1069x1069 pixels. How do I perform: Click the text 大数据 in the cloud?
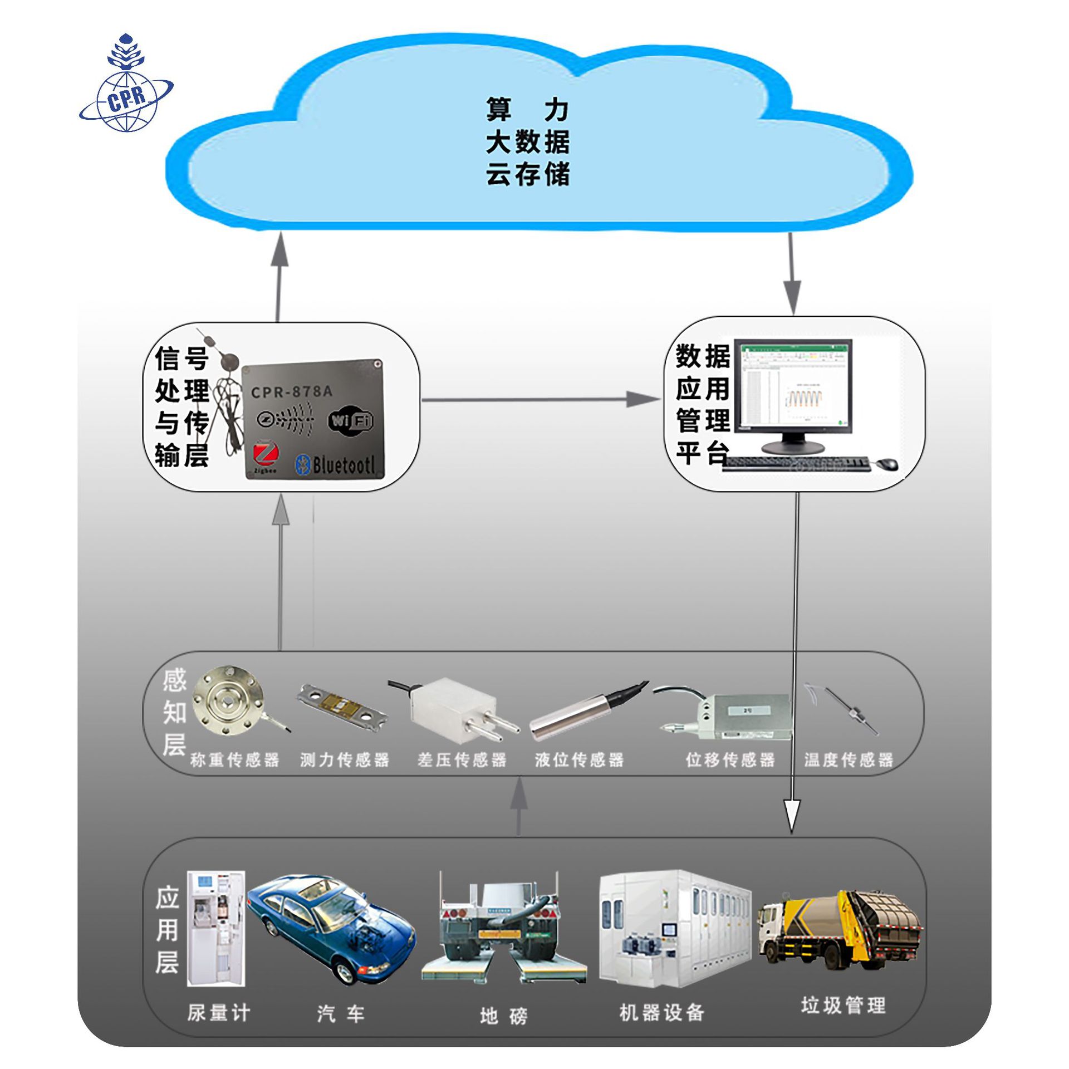[x=527, y=143]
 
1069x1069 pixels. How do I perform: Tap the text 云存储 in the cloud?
[x=527, y=174]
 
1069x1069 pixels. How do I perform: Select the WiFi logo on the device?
[x=350, y=420]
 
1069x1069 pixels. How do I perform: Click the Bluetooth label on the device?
[x=335, y=464]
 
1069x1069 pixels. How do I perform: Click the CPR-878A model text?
[x=291, y=392]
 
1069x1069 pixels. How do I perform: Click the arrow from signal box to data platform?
[x=540, y=399]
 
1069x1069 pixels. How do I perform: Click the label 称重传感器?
[x=234, y=760]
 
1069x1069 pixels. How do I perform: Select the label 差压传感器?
[x=462, y=760]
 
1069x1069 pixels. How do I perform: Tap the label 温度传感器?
[x=849, y=760]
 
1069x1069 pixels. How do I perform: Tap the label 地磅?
[x=503, y=1016]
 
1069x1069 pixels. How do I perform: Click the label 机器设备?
[x=662, y=1012]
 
